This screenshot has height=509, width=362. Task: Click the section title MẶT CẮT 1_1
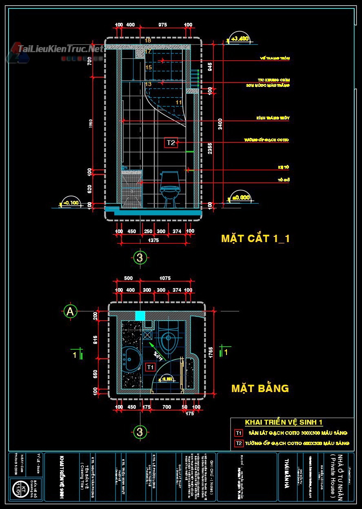pyautogui.click(x=255, y=238)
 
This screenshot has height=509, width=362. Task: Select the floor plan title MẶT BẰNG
pyautogui.click(x=260, y=388)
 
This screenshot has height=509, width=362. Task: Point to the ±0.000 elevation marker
pyautogui.click(x=240, y=197)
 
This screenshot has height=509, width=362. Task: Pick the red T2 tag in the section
pyautogui.click(x=171, y=143)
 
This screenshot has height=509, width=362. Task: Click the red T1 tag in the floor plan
pyautogui.click(x=150, y=367)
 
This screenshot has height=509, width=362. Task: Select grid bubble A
pyautogui.click(x=70, y=311)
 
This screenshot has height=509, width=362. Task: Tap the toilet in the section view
pyautogui.click(x=169, y=187)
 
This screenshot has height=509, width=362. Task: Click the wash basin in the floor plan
pyautogui.click(x=131, y=359)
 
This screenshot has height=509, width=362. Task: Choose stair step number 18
pyautogui.click(x=148, y=40)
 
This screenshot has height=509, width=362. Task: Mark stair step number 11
pyautogui.click(x=179, y=102)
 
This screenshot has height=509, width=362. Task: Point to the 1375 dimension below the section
pyautogui.click(x=153, y=240)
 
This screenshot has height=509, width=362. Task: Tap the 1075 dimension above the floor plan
pyautogui.click(x=165, y=278)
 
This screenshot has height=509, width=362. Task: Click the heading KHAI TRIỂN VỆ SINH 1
pyautogui.click(x=284, y=423)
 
